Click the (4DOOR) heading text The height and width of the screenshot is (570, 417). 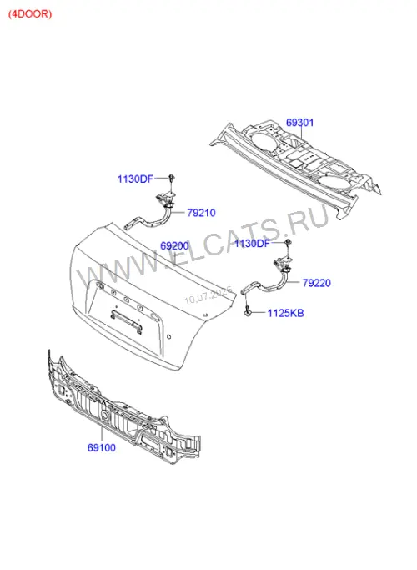pos(30,14)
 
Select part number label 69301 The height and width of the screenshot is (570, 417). pos(299,122)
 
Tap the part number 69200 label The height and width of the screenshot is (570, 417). pos(174,245)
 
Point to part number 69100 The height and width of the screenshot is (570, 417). pos(102,447)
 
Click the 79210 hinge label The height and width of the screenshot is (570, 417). pos(201,213)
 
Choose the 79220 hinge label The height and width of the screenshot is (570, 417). pos(317,283)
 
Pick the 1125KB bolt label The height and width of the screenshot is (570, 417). pos(285,313)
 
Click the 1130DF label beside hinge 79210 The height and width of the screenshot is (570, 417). pos(135,179)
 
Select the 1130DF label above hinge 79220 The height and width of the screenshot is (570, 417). pos(252,243)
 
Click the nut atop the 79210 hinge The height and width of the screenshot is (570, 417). pos(171,178)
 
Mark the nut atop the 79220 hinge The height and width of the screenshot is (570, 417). pos(288,242)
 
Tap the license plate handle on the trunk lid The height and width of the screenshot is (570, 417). pos(127,320)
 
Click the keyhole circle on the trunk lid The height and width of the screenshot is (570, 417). pos(168,336)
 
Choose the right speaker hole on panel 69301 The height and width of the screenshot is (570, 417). pos(336,180)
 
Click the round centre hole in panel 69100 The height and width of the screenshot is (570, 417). pos(105,415)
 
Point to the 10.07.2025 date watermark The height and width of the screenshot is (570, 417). pos(208,296)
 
